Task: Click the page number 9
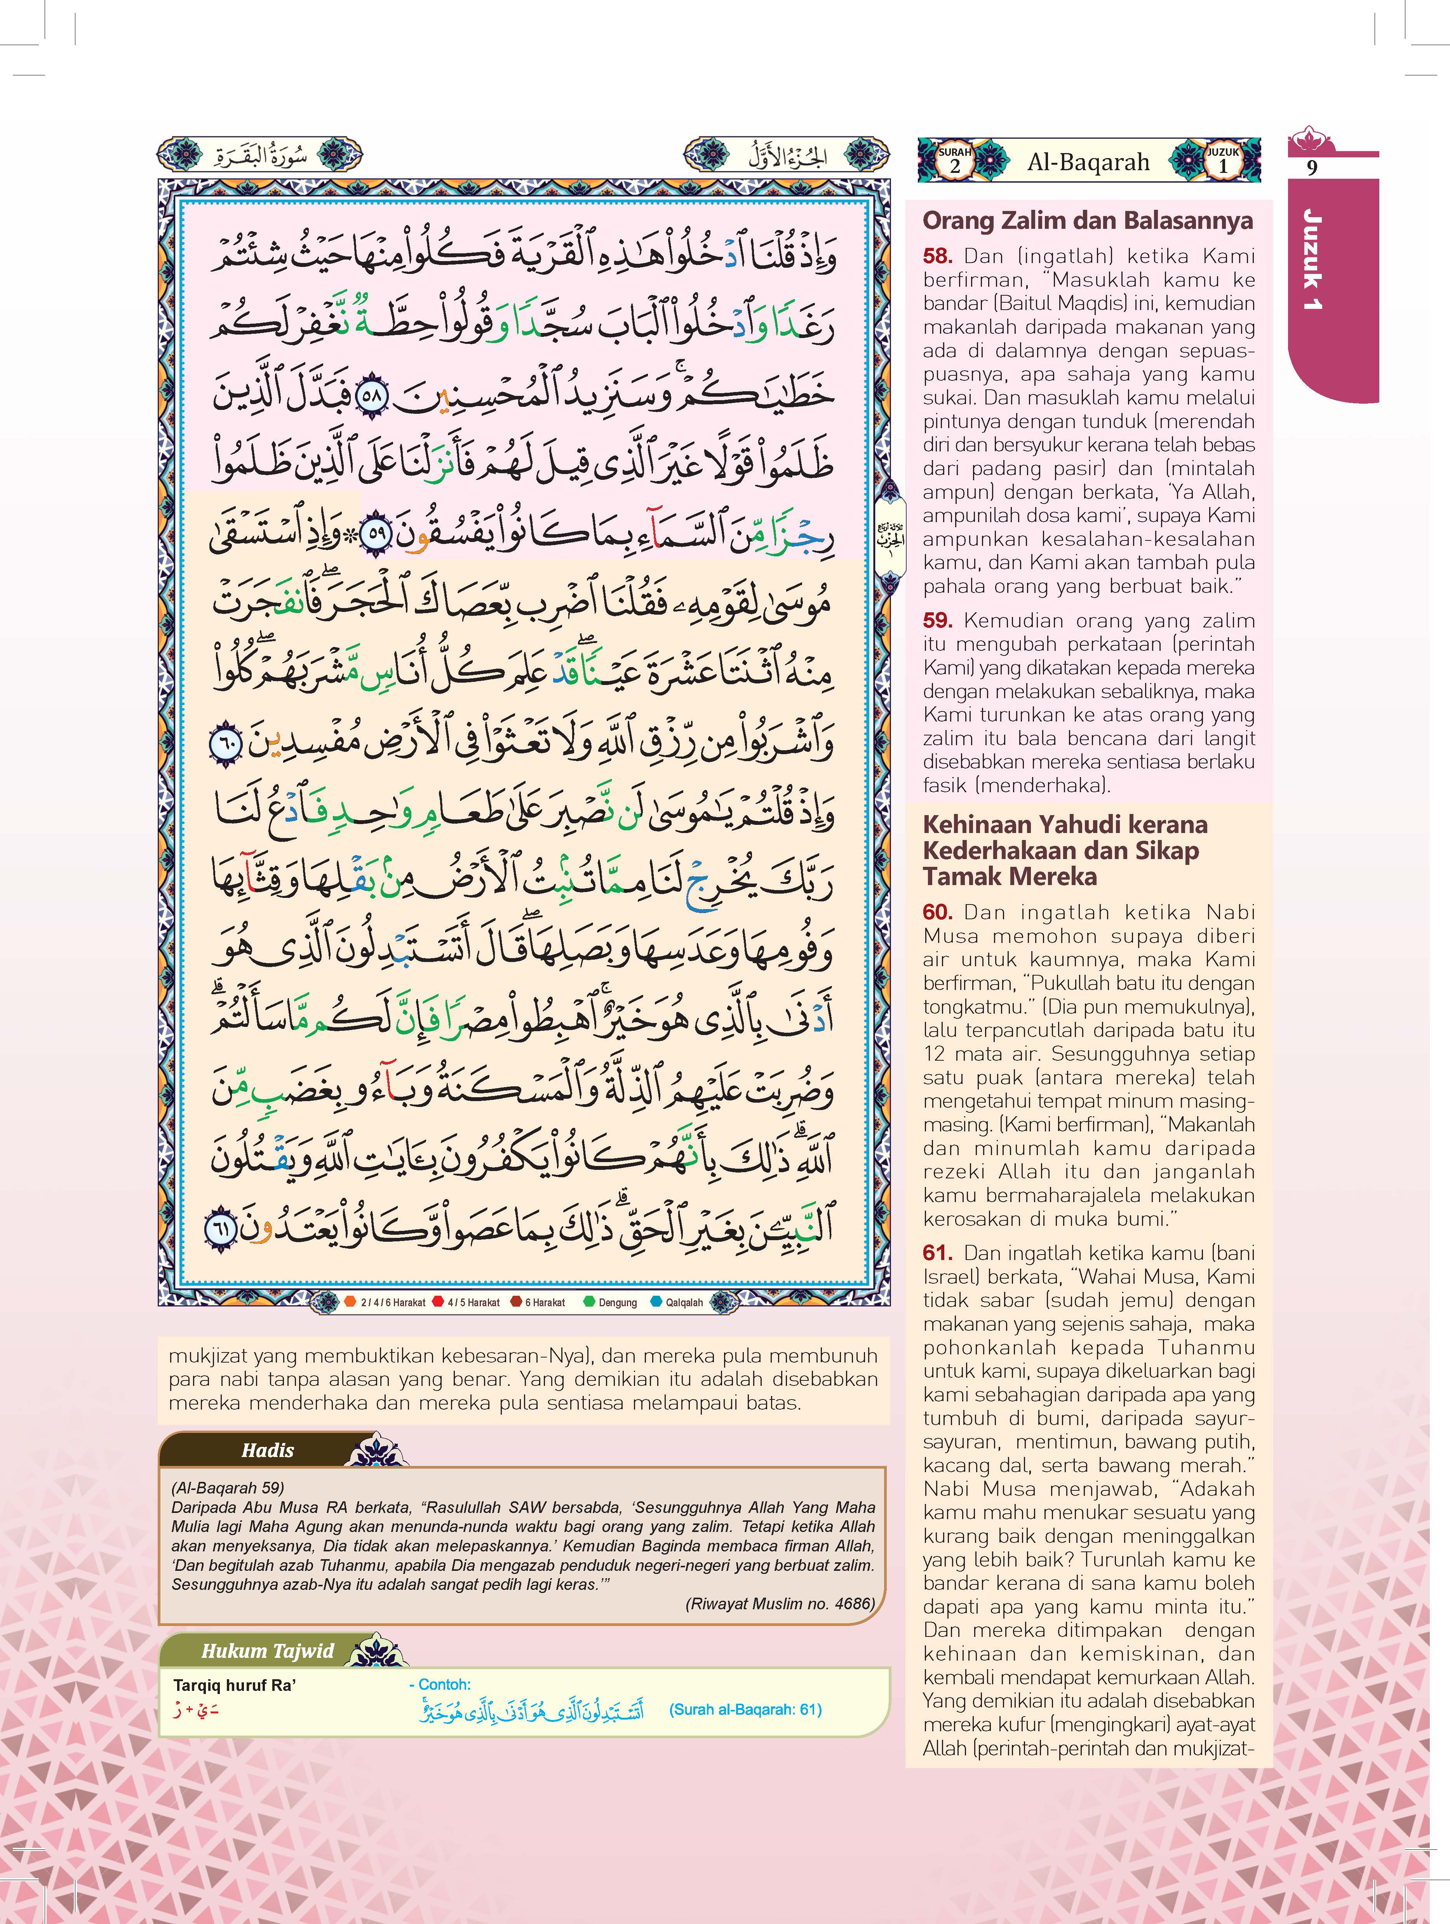[1312, 167]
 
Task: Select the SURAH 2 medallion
[955, 160]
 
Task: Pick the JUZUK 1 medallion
[1222, 160]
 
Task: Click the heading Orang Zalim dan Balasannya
[1087, 221]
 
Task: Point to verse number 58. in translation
[937, 256]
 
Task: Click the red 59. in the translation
[937, 620]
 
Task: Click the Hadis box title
[268, 1450]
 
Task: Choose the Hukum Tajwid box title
[268, 1651]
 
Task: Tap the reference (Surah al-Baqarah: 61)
[745, 1709]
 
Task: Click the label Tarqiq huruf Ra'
[235, 1685]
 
